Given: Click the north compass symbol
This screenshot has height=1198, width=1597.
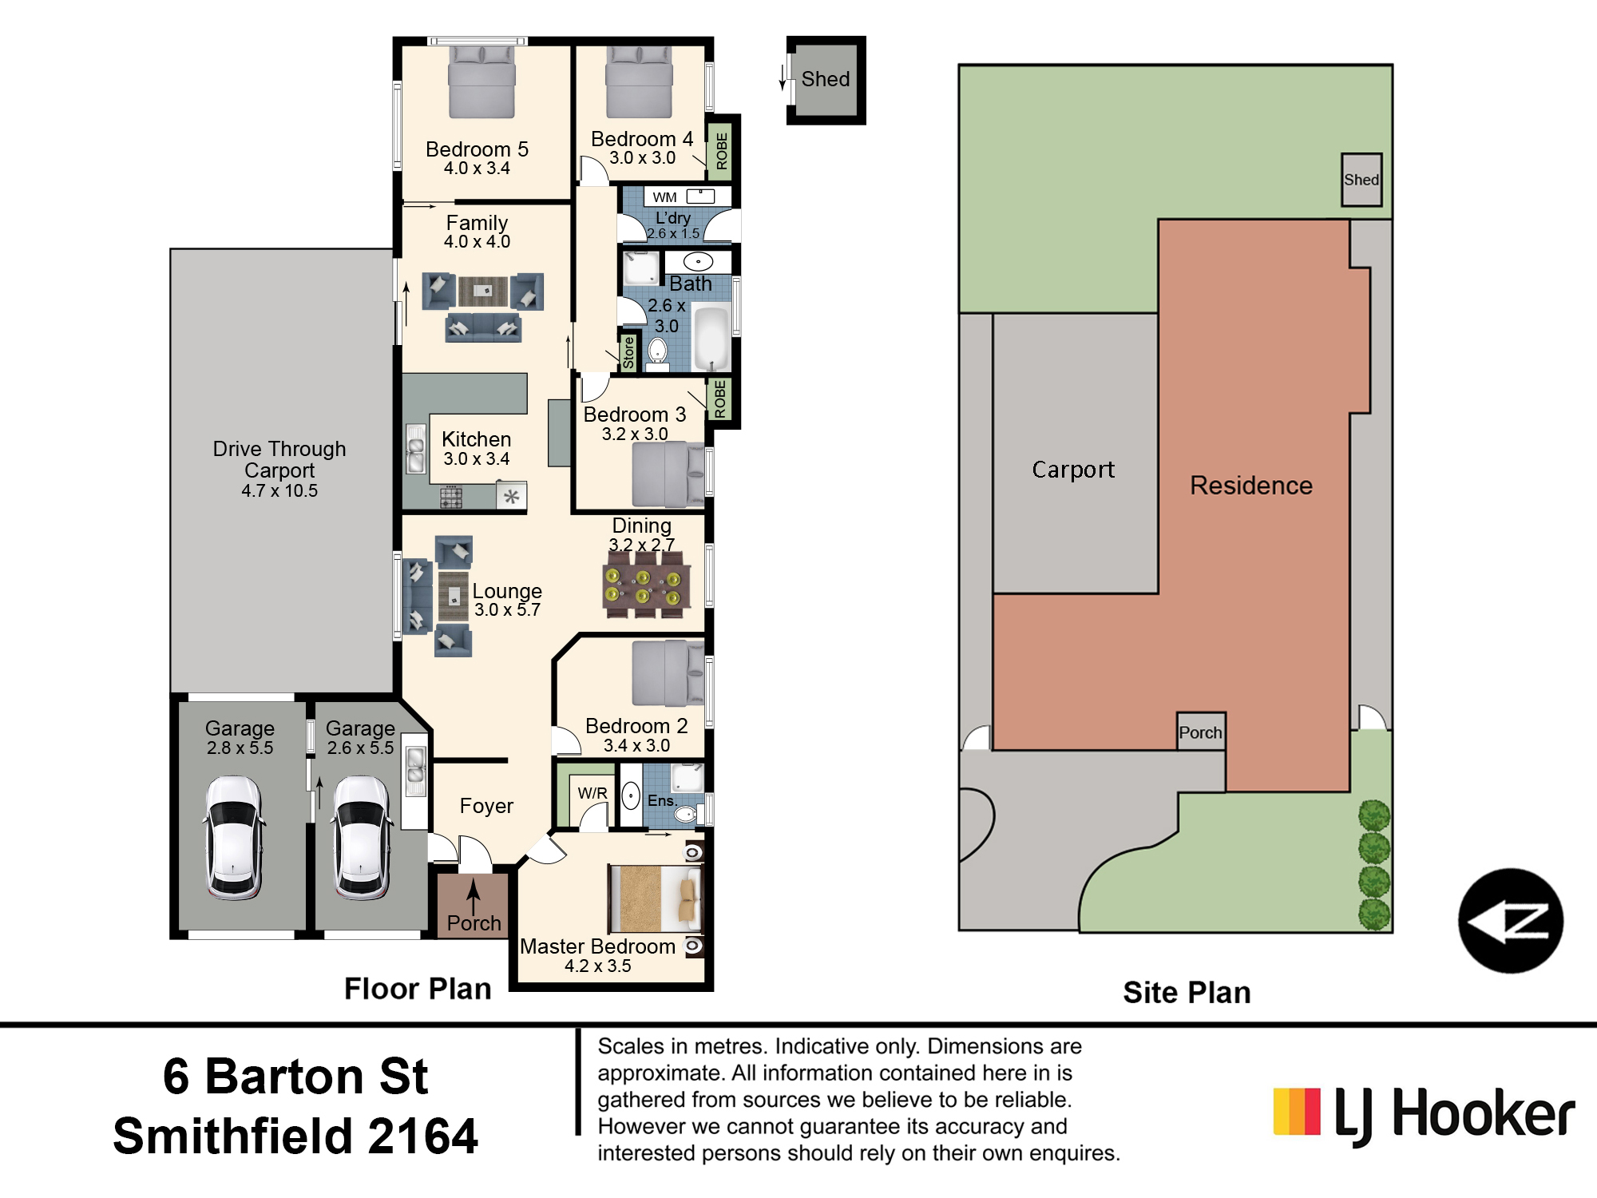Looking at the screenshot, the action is pos(1511,921).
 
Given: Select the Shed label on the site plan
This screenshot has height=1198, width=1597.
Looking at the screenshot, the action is pos(1361,180).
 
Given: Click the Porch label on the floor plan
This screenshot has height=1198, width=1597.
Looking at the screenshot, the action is pos(474,923).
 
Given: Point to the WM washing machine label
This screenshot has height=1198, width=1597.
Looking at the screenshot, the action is pos(664,197).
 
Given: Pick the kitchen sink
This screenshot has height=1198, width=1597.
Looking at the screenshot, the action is pos(415,449).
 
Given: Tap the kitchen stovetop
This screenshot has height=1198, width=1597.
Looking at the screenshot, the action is pos(451,497).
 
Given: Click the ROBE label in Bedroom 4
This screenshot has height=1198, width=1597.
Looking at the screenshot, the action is pos(721,151).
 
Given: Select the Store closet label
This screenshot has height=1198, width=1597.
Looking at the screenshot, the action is pos(628,352).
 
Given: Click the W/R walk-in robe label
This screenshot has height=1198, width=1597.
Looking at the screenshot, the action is pos(592,793).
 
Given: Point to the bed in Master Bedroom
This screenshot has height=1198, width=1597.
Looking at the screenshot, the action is pos(656,898).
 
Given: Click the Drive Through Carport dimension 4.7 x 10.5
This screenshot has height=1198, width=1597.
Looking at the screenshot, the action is pos(279,491).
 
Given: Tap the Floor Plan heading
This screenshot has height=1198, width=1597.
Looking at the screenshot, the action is pos(418,989).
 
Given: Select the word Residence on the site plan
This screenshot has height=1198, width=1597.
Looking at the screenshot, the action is pos(1251,486).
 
